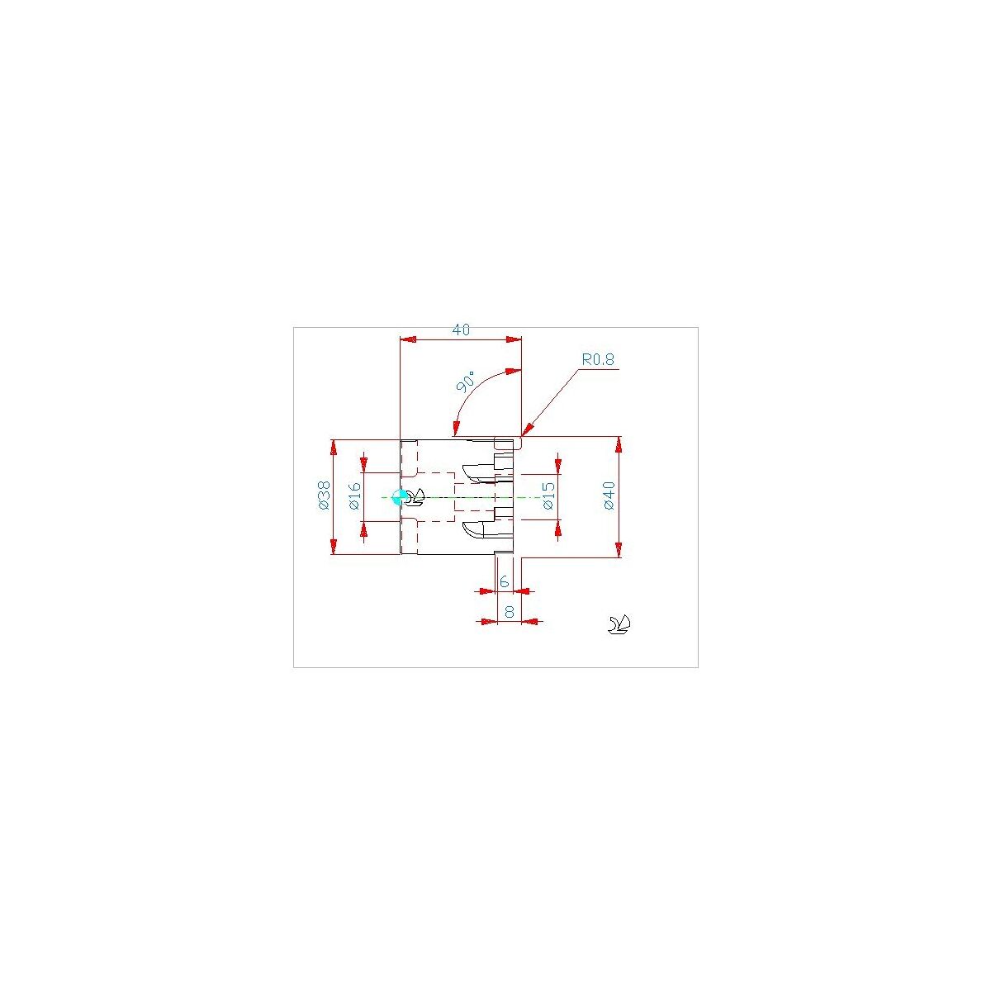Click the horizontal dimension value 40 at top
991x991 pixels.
tap(460, 330)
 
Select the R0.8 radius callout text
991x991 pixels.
tap(598, 359)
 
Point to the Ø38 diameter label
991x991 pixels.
tap(324, 495)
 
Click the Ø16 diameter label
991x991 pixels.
tap(354, 495)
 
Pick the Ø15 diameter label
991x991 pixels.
tap(548, 495)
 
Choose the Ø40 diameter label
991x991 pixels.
tap(609, 495)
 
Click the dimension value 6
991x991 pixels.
tap(504, 581)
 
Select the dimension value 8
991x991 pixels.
tap(510, 611)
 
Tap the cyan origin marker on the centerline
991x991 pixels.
tap(399, 497)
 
